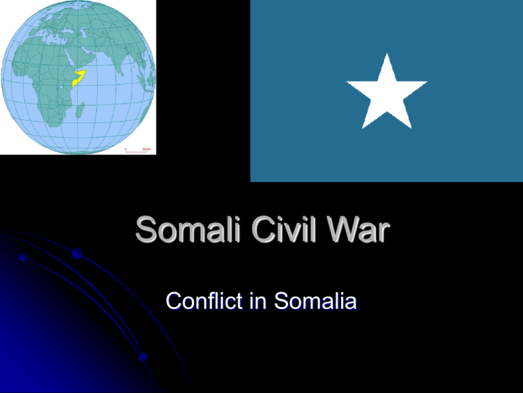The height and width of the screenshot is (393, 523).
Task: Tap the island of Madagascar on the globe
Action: (80, 111)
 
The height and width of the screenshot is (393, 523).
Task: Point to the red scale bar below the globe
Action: (136, 151)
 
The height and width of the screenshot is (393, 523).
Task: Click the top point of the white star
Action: (387, 54)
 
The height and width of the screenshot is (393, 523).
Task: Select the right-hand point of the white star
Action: (426, 82)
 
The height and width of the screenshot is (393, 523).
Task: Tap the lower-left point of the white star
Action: (363, 128)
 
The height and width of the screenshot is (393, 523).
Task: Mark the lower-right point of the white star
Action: (411, 128)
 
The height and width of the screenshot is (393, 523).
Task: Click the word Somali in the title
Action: (188, 229)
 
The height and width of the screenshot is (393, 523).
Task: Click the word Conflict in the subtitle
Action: (204, 300)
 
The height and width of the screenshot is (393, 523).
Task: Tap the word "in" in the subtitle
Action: (258, 300)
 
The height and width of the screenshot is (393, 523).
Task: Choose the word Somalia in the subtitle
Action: (315, 300)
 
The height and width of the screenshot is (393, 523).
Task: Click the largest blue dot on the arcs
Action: (77, 253)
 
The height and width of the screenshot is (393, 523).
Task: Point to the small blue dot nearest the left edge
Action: (22, 257)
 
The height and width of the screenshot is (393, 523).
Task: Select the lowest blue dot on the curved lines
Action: (144, 358)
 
